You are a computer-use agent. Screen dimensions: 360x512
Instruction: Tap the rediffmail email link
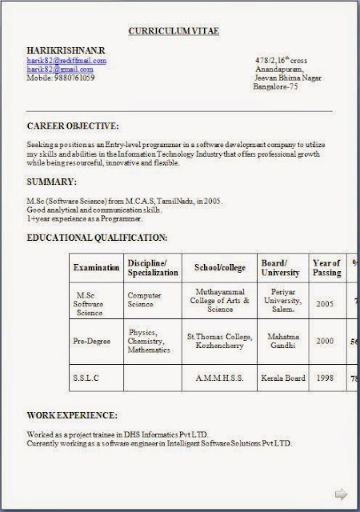[x=66, y=60]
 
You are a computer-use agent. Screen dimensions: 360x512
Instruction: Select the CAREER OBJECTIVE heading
[x=73, y=126]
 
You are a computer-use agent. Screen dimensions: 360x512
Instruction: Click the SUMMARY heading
[x=52, y=182]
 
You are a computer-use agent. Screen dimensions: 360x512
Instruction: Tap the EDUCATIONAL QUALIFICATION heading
[x=97, y=238]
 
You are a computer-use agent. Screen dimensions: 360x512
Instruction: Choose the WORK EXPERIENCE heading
[x=72, y=416]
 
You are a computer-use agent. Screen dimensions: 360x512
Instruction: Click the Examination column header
[x=97, y=267]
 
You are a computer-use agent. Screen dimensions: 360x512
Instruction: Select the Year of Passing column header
[x=326, y=267]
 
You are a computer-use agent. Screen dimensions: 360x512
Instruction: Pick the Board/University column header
[x=280, y=267]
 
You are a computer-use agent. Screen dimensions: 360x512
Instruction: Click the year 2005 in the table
[x=325, y=304]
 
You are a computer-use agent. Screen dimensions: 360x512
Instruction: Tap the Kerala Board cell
[x=280, y=375]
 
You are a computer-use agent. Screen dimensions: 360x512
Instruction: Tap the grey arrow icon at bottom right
[x=339, y=493]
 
